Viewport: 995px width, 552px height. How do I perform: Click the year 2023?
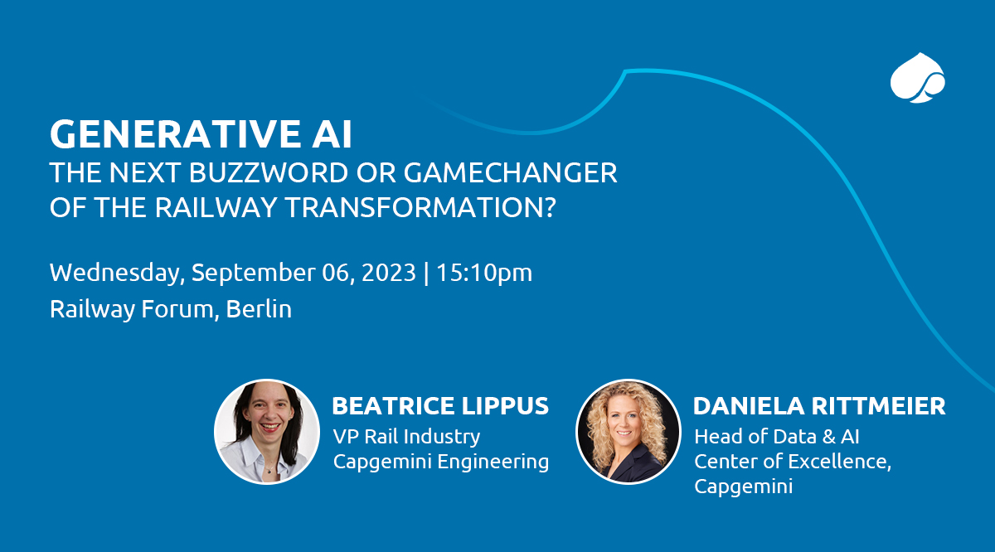coord(385,273)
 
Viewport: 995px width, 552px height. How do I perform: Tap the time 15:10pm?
coord(485,273)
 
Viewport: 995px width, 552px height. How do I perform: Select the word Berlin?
coord(259,310)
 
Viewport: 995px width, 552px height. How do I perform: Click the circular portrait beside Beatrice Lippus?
coord(267,431)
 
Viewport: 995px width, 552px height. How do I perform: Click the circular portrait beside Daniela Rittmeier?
coord(628,431)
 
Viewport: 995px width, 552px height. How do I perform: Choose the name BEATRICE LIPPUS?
coord(440,406)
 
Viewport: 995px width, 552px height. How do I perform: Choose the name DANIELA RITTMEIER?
coord(819,406)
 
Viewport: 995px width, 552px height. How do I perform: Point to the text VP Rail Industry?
coord(406,436)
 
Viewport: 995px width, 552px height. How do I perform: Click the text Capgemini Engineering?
coord(441,462)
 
